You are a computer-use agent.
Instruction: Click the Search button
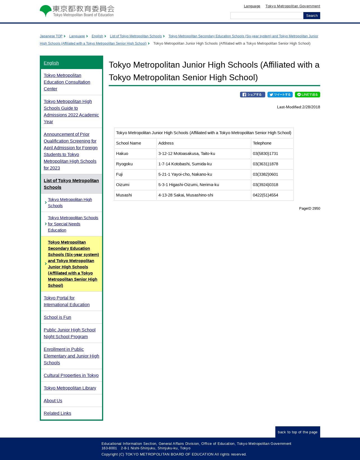[311, 16]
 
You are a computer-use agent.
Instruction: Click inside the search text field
[267, 16]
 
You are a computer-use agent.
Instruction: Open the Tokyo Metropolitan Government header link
[292, 6]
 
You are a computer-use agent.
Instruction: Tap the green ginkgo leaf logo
[46, 11]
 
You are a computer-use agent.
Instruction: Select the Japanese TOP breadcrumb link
[51, 36]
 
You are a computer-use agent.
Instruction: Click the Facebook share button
[252, 95]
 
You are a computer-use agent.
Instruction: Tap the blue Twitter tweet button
[280, 95]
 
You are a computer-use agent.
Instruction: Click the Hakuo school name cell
[122, 154]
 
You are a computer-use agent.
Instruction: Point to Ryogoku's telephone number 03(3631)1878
[265, 164]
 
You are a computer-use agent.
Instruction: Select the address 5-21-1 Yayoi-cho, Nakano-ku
[185, 174]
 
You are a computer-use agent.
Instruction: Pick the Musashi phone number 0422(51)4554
[265, 195]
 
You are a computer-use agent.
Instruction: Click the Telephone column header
[262, 143]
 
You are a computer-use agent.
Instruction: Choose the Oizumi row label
[123, 185]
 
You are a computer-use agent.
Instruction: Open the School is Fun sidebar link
[57, 317]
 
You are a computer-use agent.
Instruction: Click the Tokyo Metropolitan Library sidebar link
[70, 388]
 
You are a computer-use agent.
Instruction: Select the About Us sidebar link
[53, 401]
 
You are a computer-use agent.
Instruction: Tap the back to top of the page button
[297, 432]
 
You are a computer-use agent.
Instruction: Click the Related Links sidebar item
[57, 413]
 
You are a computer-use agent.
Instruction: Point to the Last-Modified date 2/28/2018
[311, 107]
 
